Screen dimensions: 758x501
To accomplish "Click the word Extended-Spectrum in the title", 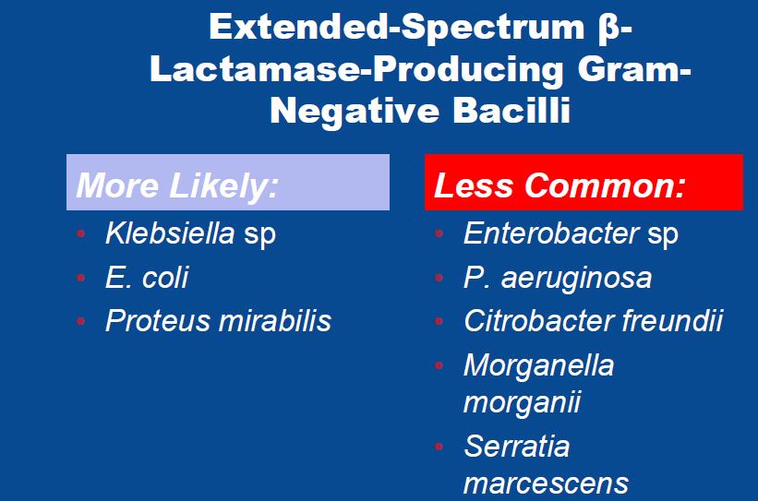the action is (x=397, y=28).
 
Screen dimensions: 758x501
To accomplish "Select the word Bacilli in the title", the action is (x=511, y=110).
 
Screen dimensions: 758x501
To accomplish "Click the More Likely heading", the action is (x=177, y=185).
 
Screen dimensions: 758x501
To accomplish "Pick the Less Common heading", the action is (x=559, y=185).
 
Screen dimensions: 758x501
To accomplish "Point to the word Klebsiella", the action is (x=170, y=233).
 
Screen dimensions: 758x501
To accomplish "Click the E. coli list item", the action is (x=147, y=278).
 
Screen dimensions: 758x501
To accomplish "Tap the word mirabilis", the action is (x=274, y=320).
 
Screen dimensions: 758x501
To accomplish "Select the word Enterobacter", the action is (x=551, y=233).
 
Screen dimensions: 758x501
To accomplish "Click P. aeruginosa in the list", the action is (x=558, y=279).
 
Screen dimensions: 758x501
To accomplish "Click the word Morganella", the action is (x=538, y=364).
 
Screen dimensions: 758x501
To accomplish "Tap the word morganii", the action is (x=522, y=402).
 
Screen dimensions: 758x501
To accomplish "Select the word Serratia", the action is (x=516, y=446).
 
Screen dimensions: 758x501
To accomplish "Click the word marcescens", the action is (x=546, y=483).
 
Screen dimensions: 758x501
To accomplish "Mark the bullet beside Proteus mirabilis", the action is (x=80, y=321).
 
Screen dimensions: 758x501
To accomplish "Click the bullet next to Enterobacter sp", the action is (x=439, y=233).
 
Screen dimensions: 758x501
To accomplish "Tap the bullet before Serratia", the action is (x=439, y=447).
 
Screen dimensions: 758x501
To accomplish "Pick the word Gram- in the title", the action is (x=634, y=69).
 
